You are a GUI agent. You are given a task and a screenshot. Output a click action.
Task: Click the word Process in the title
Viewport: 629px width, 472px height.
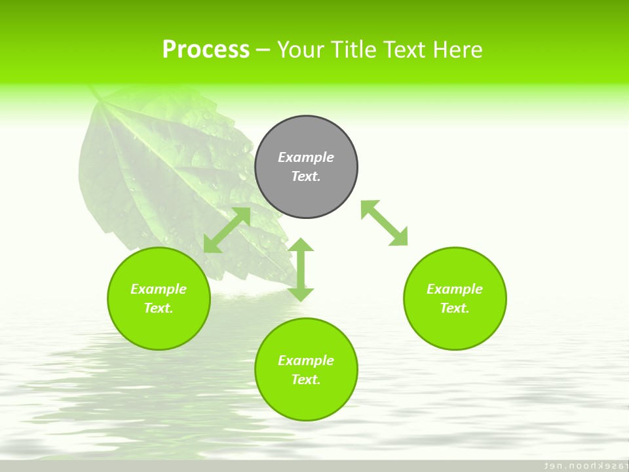pyautogui.click(x=206, y=50)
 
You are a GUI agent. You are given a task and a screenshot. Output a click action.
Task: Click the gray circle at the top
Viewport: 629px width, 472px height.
pyautogui.click(x=306, y=190)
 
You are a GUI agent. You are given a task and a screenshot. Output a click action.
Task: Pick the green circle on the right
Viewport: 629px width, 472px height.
pyautogui.click(x=455, y=328)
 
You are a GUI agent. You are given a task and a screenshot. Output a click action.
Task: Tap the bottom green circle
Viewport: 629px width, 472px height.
pyautogui.click(x=306, y=400)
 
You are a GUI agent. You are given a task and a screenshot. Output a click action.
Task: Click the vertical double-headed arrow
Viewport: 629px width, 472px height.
pyautogui.click(x=301, y=269)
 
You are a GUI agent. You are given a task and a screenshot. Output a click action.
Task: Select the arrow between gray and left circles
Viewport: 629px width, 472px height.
pyautogui.click(x=227, y=230)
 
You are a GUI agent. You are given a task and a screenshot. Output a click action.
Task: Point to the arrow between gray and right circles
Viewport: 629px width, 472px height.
pyautogui.click(x=385, y=223)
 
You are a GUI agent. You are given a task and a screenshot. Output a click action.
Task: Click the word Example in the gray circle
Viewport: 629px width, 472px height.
pyautogui.click(x=306, y=157)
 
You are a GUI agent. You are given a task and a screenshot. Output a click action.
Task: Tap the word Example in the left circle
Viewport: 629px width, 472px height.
pyautogui.click(x=159, y=289)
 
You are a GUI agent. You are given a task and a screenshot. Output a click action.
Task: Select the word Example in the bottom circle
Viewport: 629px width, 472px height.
pyautogui.click(x=306, y=361)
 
